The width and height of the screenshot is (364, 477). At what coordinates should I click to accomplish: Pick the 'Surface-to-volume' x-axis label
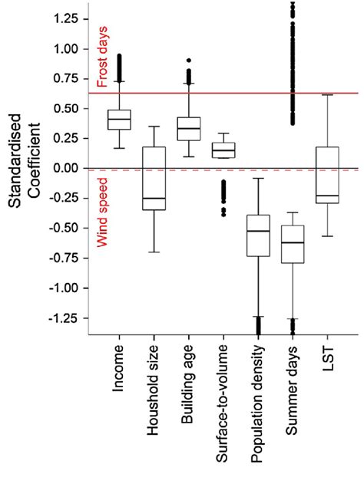(223, 398)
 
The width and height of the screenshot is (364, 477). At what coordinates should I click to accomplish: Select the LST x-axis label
(327, 356)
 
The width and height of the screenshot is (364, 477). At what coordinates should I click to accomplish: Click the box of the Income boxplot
(119, 120)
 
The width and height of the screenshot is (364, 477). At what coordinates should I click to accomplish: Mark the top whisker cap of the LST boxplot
(327, 94)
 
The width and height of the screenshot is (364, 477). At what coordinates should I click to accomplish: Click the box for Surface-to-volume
(223, 150)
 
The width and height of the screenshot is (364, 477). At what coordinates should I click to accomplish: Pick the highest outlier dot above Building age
(188, 60)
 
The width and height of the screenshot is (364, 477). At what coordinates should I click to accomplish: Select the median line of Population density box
(258, 231)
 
